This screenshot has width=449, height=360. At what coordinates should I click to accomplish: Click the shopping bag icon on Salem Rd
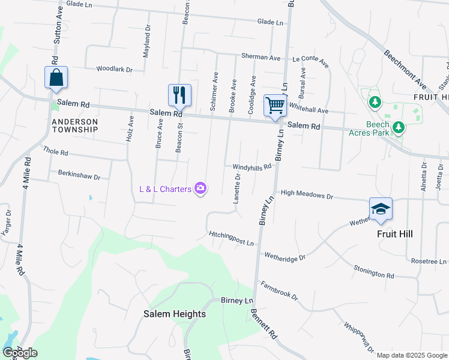coord(56,78)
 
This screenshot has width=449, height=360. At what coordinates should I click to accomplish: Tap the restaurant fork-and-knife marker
coord(179,95)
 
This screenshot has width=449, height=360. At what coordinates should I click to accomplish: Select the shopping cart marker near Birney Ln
coord(275,106)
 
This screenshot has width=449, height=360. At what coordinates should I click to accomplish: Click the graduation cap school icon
coord(381,209)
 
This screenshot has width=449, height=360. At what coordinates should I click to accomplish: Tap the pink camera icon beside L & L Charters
coord(200,189)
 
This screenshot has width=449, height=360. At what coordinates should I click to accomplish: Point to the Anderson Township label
coord(74,125)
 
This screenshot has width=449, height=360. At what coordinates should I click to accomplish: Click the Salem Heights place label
coord(174,314)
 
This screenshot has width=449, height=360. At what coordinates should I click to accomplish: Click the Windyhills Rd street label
coord(248,167)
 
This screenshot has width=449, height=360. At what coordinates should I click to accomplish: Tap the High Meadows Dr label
coord(306,195)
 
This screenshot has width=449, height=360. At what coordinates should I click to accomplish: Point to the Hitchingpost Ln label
coord(232,238)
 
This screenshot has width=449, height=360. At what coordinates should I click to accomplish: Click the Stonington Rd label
coord(373,271)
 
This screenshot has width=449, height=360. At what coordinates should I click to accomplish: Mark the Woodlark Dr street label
coord(114,70)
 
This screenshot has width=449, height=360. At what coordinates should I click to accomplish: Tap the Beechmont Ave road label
coord(405,70)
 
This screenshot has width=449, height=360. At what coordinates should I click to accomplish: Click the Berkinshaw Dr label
coord(79,175)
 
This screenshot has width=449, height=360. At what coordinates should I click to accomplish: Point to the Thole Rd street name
coord(55,152)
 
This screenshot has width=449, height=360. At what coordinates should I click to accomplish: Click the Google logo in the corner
coord(20,353)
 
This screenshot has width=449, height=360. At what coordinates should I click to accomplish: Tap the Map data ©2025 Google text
coord(411,355)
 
